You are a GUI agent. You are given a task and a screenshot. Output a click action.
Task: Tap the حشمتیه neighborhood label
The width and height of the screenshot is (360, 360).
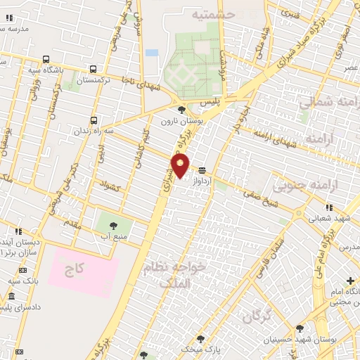pos(214,13)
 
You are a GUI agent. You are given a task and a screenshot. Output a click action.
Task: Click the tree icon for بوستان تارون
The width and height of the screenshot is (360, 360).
pos(182,110)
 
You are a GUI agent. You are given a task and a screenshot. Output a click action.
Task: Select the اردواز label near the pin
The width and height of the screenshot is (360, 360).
pos(202,181)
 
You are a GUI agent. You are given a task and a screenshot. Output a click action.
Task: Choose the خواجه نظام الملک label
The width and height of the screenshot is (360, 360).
pos(176,274)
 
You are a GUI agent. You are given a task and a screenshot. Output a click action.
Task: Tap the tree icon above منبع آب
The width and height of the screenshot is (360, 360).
pos(113,226)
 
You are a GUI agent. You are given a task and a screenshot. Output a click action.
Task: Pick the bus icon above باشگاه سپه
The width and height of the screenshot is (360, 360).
pos(46,59)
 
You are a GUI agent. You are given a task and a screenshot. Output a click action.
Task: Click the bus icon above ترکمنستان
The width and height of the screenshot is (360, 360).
pos(94,69)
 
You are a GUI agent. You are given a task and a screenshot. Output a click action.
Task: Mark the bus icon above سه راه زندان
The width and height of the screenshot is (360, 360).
pos(94,120)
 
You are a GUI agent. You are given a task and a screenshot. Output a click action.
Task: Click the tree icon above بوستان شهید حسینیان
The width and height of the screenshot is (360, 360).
pos(300,328)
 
